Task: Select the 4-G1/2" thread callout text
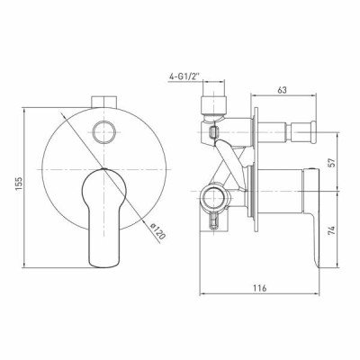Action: (184, 77)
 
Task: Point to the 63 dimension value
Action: (282, 90)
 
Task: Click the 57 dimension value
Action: (331, 162)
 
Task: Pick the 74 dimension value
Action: (331, 230)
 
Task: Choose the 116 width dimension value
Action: (259, 288)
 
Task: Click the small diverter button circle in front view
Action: (104, 132)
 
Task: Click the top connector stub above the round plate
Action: (103, 102)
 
